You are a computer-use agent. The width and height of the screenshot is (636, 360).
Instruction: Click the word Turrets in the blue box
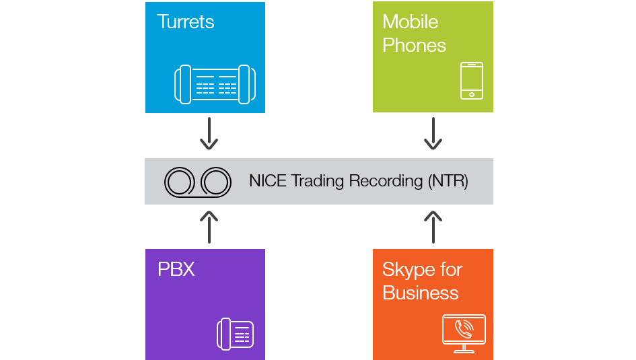[185, 22]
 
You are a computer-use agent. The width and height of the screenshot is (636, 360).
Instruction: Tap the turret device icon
[215, 84]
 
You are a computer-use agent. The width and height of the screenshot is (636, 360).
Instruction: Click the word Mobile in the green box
[410, 22]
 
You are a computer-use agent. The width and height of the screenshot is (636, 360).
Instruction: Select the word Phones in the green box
[414, 46]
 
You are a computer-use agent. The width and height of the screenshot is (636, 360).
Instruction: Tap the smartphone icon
[472, 81]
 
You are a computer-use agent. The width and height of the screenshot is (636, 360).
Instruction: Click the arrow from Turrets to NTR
[209, 134]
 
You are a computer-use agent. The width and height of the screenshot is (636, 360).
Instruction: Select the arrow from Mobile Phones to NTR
[433, 134]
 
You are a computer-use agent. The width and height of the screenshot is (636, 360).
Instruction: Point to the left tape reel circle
[180, 182]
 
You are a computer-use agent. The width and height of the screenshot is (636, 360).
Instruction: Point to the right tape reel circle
[216, 182]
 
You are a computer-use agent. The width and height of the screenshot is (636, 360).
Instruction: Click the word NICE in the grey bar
[268, 181]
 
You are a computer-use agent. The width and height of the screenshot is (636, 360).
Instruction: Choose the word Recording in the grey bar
[386, 181]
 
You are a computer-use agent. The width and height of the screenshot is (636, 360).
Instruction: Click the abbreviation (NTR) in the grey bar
[448, 181]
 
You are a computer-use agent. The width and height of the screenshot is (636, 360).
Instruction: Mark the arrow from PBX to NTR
[209, 227]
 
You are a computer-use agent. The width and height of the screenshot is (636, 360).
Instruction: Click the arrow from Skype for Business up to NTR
[433, 227]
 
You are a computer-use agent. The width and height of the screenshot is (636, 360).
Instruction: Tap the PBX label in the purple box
[176, 270]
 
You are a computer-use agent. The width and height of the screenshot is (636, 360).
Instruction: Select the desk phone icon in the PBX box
[235, 334]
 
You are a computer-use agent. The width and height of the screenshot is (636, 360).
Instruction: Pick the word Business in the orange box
[420, 293]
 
